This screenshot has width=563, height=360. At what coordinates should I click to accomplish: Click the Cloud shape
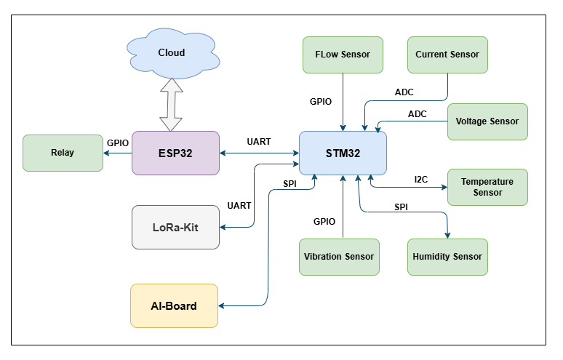coord(172,52)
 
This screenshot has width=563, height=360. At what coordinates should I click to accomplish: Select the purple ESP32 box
coord(175,153)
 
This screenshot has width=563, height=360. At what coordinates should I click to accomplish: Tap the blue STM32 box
coord(343,153)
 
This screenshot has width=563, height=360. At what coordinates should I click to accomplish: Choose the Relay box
coord(63,153)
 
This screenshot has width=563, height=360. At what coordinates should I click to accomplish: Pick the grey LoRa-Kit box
coord(175,227)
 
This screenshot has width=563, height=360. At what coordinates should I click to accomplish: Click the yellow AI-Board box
coord(174,305)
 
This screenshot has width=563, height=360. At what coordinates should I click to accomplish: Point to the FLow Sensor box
coord(343,55)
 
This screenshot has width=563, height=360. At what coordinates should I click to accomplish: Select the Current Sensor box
coord(447,55)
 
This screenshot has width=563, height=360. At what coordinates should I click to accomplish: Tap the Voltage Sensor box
coord(487,121)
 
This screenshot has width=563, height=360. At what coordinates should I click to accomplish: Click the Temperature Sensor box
coord(487,187)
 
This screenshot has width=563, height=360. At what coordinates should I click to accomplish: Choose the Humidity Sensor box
coord(447,257)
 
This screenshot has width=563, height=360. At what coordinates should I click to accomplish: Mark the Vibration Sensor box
coord(339,257)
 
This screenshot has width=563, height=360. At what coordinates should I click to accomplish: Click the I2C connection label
coord(421,179)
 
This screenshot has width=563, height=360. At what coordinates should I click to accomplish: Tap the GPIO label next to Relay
coord(118,143)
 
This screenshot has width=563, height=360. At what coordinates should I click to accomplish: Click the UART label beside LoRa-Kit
coord(239,206)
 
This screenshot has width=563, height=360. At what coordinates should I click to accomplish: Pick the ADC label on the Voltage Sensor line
coord(418,114)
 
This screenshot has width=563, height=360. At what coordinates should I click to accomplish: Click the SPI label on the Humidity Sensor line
coord(402,207)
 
